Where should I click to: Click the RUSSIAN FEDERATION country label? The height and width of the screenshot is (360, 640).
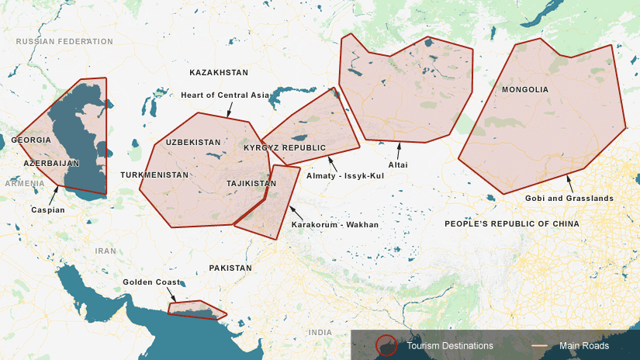pos(64,42)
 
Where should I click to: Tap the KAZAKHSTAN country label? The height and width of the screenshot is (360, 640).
pos(219,73)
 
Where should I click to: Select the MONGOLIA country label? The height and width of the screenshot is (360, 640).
pos(525,90)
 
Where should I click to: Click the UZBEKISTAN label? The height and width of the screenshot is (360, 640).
pos(193,143)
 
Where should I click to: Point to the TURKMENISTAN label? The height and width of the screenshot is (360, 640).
pos(154,175)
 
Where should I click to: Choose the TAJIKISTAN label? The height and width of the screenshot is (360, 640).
pos(251,184)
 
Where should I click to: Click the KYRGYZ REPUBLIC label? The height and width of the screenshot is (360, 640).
pos(285,147)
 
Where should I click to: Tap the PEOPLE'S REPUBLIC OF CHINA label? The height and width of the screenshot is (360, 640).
pos(512,223)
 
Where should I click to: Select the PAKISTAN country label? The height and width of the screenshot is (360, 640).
pos(230,268)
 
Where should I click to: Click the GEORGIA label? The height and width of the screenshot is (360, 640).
pos(31,140)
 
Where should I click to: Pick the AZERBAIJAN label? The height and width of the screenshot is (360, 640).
pos(52,164)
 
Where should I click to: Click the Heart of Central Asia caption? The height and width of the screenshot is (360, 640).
pos(225,95)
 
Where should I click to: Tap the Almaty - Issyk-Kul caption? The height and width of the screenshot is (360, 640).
pos(345,175)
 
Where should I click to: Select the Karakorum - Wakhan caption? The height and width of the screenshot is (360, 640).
pos(335,225)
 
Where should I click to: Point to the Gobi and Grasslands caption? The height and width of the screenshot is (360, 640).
pos(569,199)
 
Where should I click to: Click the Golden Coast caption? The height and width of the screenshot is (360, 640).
pos(152,282)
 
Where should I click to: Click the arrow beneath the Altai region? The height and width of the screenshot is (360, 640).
pos(399,150)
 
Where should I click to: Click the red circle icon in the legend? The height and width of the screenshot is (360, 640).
pos(386,345)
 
